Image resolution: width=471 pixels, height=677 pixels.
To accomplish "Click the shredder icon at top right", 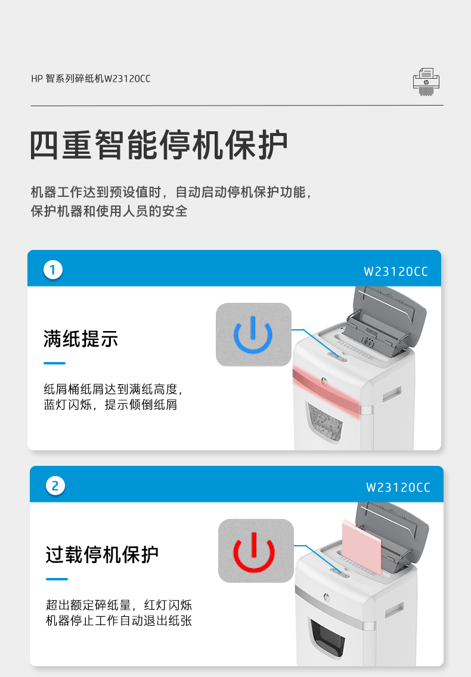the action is pyautogui.click(x=426, y=82).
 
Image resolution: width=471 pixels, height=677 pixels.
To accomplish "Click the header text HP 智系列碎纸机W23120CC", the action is pyautogui.click(x=91, y=79).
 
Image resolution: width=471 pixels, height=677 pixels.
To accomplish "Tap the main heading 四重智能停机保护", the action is pyautogui.click(x=159, y=144).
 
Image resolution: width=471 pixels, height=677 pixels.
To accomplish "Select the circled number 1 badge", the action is pyautogui.click(x=53, y=270).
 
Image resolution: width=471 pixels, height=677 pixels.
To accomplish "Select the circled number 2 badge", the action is pyautogui.click(x=55, y=486).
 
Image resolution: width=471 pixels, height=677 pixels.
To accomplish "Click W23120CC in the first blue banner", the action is pyautogui.click(x=396, y=271).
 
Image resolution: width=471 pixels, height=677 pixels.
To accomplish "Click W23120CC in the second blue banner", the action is pyautogui.click(x=398, y=487).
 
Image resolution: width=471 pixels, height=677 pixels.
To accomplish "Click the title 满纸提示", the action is pyautogui.click(x=80, y=339).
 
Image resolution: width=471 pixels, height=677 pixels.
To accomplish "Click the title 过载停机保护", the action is pyautogui.click(x=103, y=554).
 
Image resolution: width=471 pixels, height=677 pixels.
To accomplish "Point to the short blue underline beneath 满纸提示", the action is pyautogui.click(x=54, y=363).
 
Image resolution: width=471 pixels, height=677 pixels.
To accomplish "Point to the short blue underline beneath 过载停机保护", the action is pyautogui.click(x=57, y=579).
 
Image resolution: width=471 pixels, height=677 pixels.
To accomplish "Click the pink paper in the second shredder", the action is pyautogui.click(x=362, y=546).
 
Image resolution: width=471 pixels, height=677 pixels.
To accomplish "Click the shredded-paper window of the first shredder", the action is pyautogui.click(x=324, y=422).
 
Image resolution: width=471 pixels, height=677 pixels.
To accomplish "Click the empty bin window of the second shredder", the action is pyautogui.click(x=327, y=639).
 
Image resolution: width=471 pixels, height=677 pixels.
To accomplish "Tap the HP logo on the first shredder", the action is pyautogui.click(x=324, y=381).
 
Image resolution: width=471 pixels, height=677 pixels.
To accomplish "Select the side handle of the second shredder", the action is pyautogui.click(x=394, y=610).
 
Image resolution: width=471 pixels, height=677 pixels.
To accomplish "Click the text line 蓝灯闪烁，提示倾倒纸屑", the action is pyautogui.click(x=110, y=404).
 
